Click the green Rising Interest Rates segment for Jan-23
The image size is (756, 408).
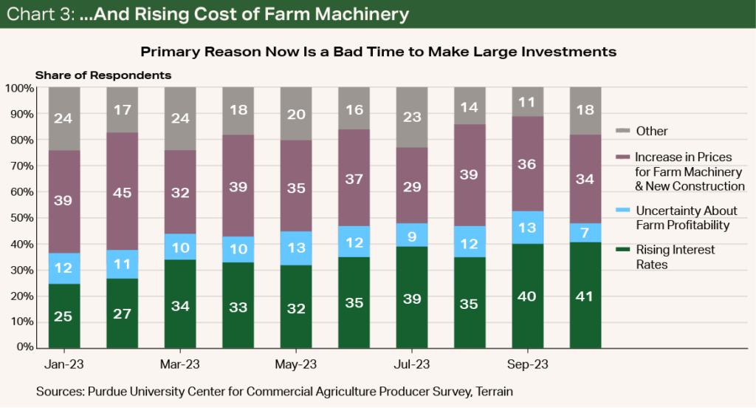[64, 315]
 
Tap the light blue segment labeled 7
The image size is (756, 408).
[585, 233]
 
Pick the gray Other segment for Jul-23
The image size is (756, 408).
[412, 117]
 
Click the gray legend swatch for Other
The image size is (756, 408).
[622, 131]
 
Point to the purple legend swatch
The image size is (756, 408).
[622, 157]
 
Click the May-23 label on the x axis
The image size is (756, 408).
[296, 364]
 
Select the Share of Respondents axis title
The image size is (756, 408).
[103, 75]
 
